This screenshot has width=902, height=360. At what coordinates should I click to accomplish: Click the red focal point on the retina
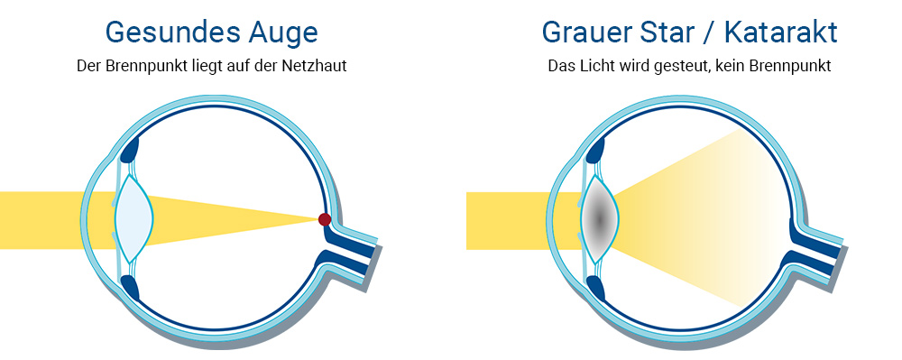325,219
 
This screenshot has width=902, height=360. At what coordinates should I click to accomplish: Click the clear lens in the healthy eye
133,219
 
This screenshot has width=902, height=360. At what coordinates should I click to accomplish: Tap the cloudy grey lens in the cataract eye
599,219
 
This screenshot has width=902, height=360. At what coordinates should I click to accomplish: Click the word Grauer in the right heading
587,32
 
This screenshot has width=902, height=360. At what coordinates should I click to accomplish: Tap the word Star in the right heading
669,32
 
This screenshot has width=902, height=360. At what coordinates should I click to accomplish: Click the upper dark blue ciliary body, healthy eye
130,147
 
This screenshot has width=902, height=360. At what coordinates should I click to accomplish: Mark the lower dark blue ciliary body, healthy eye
130,290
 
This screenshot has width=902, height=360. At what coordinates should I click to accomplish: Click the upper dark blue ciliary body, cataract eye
595,147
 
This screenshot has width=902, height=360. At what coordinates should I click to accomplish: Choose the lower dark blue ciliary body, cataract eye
595,290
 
